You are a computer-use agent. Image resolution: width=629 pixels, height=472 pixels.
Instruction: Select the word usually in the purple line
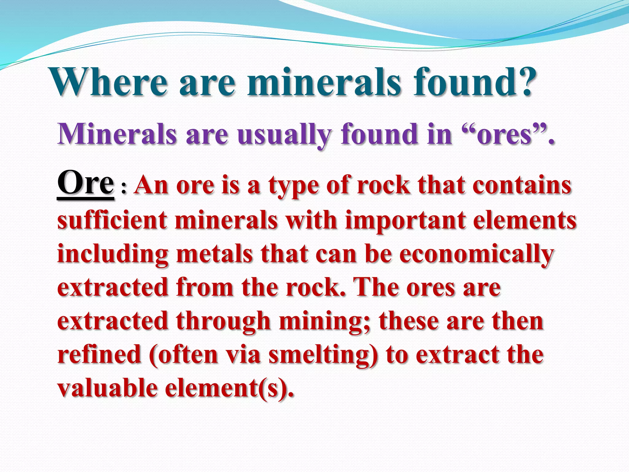[x=284, y=135]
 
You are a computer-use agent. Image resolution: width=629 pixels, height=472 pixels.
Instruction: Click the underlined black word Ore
[x=85, y=183]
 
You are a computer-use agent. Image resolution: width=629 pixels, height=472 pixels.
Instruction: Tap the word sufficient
[x=112, y=220]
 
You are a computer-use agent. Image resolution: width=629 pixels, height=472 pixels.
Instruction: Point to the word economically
[x=476, y=255]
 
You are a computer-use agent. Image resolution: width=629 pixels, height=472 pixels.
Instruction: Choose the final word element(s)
[x=229, y=389]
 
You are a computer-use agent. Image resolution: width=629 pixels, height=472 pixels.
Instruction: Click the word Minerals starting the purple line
[x=117, y=134]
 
